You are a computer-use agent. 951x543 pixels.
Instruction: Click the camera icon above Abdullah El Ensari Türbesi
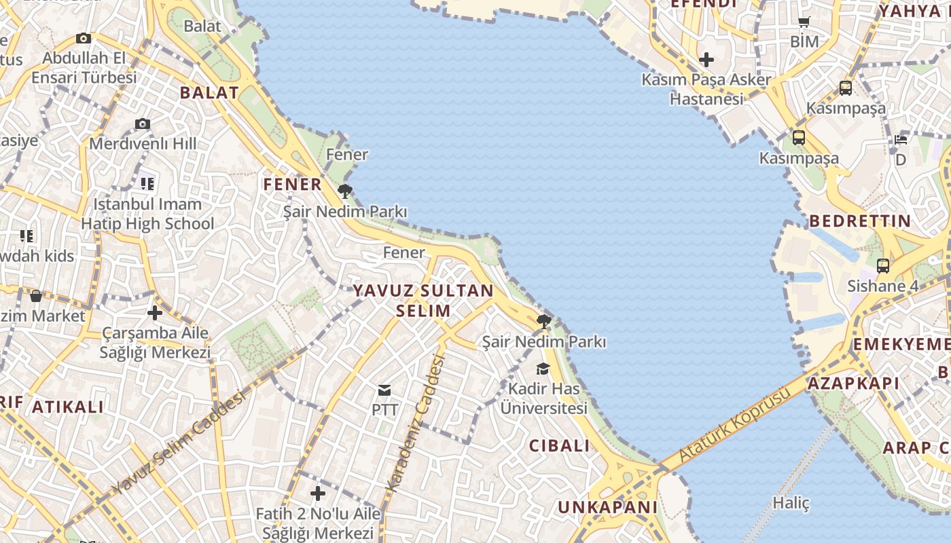pyautogui.click(x=84, y=38)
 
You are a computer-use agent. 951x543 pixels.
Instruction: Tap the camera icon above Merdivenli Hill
pyautogui.click(x=142, y=124)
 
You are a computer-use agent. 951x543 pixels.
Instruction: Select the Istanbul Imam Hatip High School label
pyautogui.click(x=147, y=214)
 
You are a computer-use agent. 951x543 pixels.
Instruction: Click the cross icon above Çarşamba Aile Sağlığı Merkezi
pyautogui.click(x=155, y=313)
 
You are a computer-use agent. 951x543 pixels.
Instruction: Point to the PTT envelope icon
pyautogui.click(x=384, y=390)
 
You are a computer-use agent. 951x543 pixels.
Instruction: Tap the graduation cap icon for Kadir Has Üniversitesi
pyautogui.click(x=543, y=369)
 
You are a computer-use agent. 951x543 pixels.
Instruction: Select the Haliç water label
pyautogui.click(x=791, y=503)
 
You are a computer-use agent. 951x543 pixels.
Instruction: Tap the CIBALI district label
pyautogui.click(x=560, y=446)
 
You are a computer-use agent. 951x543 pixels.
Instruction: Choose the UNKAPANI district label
pyautogui.click(x=608, y=507)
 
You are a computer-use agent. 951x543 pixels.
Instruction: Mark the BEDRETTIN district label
pyautogui.click(x=860, y=221)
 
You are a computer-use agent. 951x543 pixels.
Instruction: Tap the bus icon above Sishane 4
pyautogui.click(x=883, y=266)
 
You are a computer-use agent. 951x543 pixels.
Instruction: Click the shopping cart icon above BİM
pyautogui.click(x=804, y=22)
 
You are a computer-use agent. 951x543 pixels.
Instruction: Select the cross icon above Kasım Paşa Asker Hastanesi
pyautogui.click(x=706, y=60)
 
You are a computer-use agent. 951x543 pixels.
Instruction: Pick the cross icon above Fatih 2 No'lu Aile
pyautogui.click(x=318, y=493)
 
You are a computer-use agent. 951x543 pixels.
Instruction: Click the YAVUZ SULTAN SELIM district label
pyautogui.click(x=423, y=301)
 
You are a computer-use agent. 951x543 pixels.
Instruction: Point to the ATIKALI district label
pyautogui.click(x=68, y=407)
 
